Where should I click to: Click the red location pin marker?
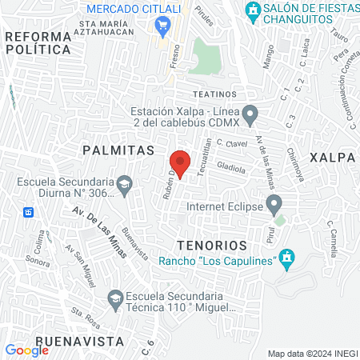[180, 163]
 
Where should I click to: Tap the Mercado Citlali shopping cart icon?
[164, 26]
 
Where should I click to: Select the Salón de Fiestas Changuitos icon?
[253, 11]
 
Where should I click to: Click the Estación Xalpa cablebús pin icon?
[250, 115]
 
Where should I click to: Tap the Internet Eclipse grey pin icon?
[274, 204]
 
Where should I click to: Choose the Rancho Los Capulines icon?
[288, 258]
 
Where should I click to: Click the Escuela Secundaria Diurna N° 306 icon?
[124, 186]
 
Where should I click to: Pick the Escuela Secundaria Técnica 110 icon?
[114, 301]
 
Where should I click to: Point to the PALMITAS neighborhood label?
[118, 150]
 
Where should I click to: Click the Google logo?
[26, 350]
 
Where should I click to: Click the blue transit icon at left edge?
[28, 212]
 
